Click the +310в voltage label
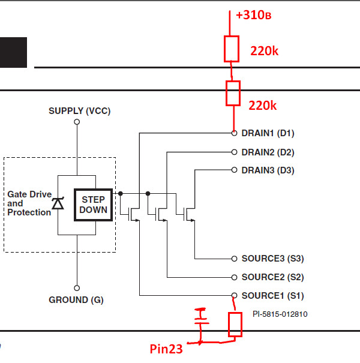pos(254,15)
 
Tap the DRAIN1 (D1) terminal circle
pos(234,133)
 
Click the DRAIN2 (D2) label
pos(268,152)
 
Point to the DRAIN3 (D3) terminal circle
pos(234,170)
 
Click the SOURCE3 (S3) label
pos(273,259)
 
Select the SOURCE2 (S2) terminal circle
pos(234,277)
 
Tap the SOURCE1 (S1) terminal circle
pos(234,295)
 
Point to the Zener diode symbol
pos(58,203)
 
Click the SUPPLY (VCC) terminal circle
pos(77,122)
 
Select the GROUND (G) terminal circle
pos(77,288)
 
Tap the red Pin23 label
pos(166,349)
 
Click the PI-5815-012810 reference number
pos(280,314)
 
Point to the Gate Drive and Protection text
pos(29,203)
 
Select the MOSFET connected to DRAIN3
pos(189,214)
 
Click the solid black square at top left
pos(13,52)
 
